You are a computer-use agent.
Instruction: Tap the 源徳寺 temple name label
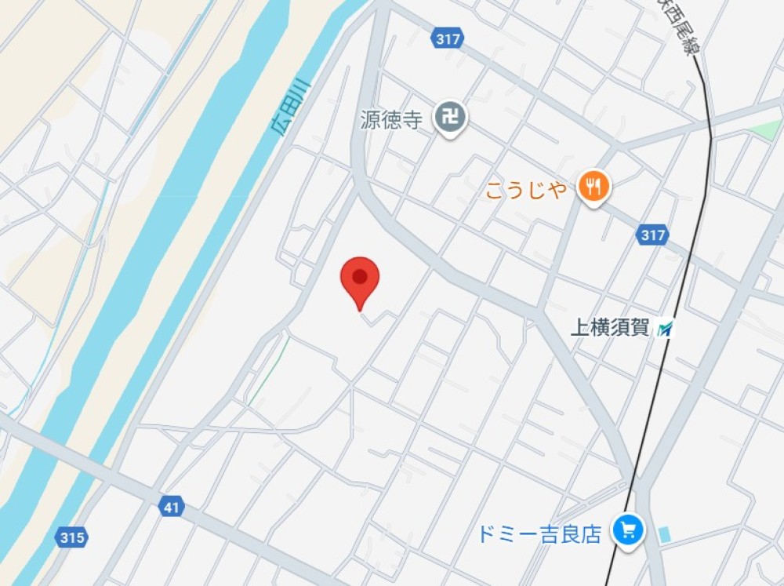click(392, 120)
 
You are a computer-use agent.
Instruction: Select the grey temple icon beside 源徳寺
click(452, 119)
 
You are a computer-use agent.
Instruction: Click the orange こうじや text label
click(525, 189)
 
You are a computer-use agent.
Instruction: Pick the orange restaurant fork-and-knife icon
click(593, 187)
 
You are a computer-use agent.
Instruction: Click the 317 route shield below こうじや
click(652, 235)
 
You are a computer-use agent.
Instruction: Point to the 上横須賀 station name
click(610, 328)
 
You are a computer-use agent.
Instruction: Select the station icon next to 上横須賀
click(665, 329)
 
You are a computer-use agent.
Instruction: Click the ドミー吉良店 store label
click(539, 534)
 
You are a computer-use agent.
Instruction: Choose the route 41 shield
click(172, 508)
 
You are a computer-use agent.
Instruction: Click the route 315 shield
click(71, 537)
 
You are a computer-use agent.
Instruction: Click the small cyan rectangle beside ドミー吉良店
click(666, 535)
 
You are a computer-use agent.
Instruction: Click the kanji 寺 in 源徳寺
click(412, 120)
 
